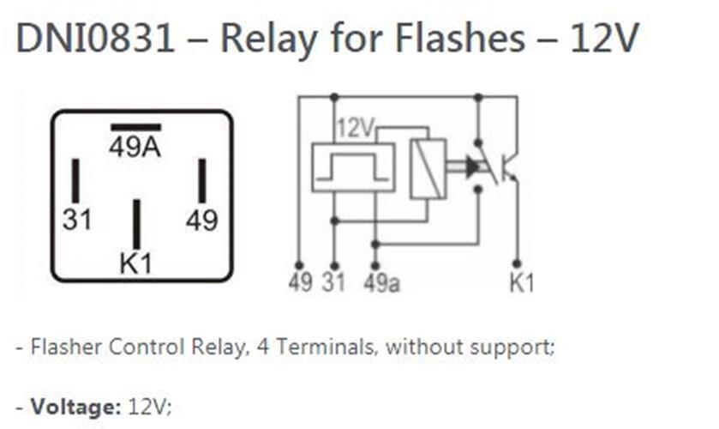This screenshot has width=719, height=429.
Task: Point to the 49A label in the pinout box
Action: click(135, 148)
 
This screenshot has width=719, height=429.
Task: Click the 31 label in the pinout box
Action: click(77, 221)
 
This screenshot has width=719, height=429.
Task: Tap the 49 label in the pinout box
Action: click(202, 221)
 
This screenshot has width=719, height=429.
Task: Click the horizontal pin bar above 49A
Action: click(135, 128)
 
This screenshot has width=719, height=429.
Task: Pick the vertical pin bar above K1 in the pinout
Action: click(135, 224)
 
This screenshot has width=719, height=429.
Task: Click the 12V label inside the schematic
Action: click(356, 130)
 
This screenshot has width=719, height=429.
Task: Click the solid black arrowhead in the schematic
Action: click(472, 168)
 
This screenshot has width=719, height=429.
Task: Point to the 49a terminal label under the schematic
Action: click(381, 283)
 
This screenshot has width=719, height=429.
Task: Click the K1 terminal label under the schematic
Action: click(520, 283)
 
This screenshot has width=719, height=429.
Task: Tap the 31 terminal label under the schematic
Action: click(334, 283)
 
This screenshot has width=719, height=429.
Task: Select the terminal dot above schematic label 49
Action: click(299, 265)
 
